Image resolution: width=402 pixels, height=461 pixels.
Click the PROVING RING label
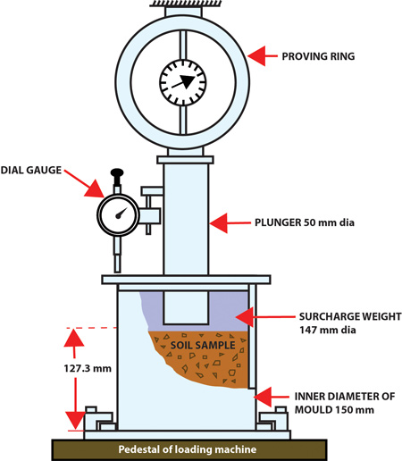[318, 56]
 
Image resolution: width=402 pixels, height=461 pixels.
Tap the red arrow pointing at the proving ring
[263, 56]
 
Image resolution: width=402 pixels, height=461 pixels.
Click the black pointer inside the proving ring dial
[183, 82]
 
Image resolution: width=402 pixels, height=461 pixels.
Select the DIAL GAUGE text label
[31, 170]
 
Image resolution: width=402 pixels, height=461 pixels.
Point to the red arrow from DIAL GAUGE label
[84, 184]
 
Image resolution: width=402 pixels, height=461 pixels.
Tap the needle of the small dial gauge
[121, 213]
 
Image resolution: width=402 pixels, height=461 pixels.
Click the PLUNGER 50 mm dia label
[305, 222]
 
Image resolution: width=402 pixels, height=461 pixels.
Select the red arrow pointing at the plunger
[230, 222]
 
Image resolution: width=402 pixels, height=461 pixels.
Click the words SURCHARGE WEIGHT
[350, 316]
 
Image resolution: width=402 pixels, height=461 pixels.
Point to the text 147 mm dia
[328, 330]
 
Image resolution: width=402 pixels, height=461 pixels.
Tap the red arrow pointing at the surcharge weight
[265, 317]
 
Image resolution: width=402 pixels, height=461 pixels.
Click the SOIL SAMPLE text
[203, 345]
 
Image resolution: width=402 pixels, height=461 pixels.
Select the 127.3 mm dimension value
[88, 368]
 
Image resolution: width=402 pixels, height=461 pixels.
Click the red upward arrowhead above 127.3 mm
[74, 338]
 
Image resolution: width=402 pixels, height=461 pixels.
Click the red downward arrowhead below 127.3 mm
[75, 420]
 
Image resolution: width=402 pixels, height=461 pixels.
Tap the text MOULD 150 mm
[334, 410]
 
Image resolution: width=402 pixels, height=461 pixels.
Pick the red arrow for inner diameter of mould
[272, 397]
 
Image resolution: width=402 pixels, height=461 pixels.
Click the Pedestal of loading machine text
[188, 449]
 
